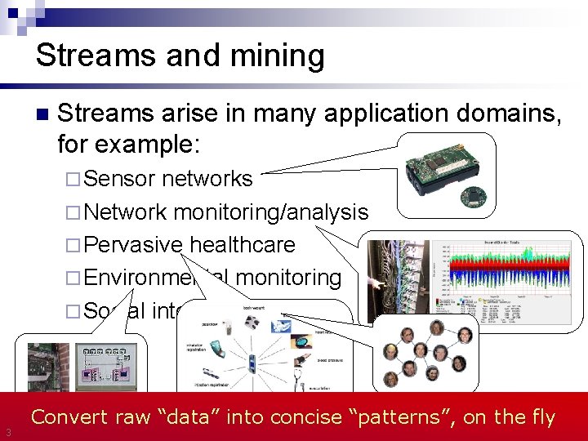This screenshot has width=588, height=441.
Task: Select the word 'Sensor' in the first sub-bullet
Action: [119, 179]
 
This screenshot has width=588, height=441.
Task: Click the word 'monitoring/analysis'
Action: [270, 212]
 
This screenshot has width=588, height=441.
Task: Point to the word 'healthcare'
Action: [242, 245]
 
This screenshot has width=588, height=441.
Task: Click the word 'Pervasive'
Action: [132, 245]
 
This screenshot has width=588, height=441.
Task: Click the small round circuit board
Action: [471, 196]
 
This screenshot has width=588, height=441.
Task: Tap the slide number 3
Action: [7, 432]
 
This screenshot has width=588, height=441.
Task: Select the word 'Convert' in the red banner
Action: [69, 417]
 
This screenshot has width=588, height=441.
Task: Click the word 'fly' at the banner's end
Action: [541, 417]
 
